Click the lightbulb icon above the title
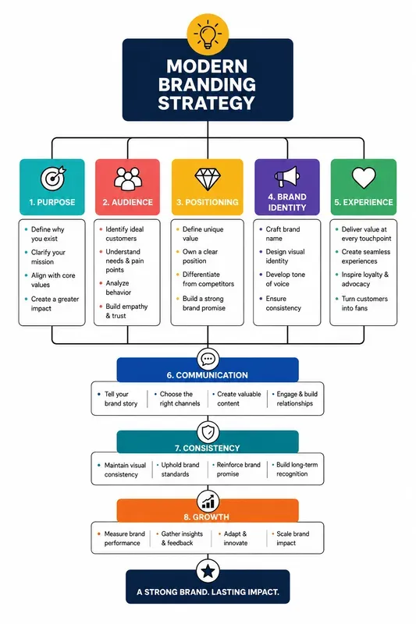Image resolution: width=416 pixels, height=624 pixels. pyautogui.click(x=208, y=34)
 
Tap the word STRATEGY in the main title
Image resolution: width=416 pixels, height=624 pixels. pyautogui.click(x=207, y=103)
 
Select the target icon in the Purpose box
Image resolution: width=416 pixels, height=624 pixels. pyautogui.click(x=53, y=178)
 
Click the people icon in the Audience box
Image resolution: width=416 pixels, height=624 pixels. pyautogui.click(x=128, y=178)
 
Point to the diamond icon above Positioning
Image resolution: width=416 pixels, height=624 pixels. pyautogui.click(x=208, y=179)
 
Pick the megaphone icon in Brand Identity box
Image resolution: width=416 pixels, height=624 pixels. pyautogui.click(x=287, y=177)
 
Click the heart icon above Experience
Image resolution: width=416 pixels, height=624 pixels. pyautogui.click(x=364, y=178)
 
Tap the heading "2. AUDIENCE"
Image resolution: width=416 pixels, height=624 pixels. pyautogui.click(x=128, y=202)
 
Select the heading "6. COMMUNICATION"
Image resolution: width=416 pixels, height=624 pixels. pyautogui.click(x=208, y=375)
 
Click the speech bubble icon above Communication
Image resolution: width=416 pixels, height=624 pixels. pyautogui.click(x=208, y=359)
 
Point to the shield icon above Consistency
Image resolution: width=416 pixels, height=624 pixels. pyautogui.click(x=208, y=432)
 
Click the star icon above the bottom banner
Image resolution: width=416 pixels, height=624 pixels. pyautogui.click(x=208, y=572)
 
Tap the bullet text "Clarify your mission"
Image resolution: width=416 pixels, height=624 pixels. pyautogui.click(x=48, y=257)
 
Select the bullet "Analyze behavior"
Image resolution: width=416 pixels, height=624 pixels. pyautogui.click(x=118, y=288)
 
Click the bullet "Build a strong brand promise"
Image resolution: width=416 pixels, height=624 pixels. pyautogui.click(x=204, y=303)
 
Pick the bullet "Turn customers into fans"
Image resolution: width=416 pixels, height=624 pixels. pyautogui.click(x=364, y=303)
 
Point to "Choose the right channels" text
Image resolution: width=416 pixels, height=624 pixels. pyautogui.click(x=180, y=399)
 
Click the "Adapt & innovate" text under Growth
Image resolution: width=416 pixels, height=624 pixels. pyautogui.click(x=235, y=538)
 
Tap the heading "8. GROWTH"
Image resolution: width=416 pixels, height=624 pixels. pyautogui.click(x=207, y=517)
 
